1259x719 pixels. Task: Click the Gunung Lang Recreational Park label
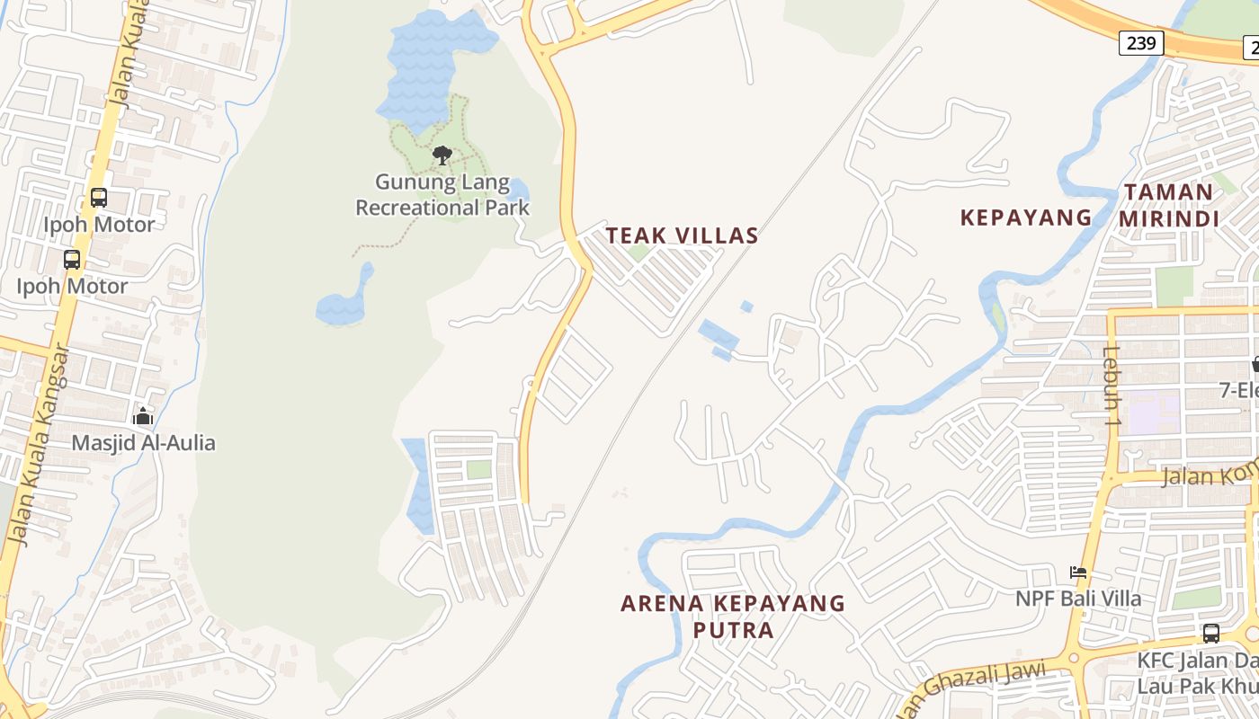click(442, 195)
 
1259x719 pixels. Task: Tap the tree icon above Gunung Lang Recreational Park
click(442, 155)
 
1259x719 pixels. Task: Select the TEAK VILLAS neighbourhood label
click(682, 235)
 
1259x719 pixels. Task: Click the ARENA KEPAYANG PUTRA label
click(733, 616)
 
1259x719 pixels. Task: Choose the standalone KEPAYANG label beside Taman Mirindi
click(1026, 217)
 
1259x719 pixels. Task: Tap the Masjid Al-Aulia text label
click(144, 442)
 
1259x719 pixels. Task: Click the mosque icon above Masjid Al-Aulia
click(143, 416)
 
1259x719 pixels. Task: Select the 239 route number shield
click(1141, 43)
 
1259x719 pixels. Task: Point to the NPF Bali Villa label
click(1078, 599)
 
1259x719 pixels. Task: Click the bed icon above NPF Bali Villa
click(1078, 572)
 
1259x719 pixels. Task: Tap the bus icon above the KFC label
click(1211, 633)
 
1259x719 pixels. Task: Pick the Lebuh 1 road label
click(1112, 385)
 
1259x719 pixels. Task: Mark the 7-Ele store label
click(1238, 390)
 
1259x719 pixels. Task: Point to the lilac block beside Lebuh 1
click(1153, 413)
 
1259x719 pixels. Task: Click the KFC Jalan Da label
click(1196, 661)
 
